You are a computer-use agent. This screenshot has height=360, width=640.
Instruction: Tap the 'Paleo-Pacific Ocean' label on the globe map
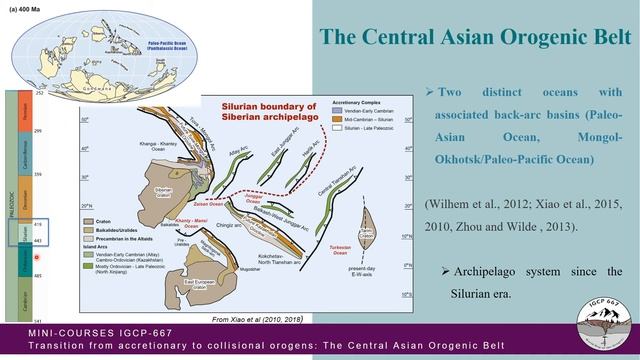(x=159, y=41)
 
